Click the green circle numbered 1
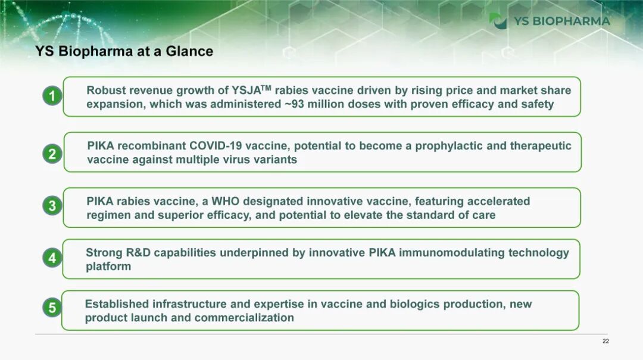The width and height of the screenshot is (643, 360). pyautogui.click(x=52, y=96)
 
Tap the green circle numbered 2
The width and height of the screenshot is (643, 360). pyautogui.click(x=52, y=154)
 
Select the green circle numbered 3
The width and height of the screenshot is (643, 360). pyautogui.click(x=52, y=205)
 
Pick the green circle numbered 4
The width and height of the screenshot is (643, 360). pyautogui.click(x=52, y=258)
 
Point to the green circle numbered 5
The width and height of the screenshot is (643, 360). pyautogui.click(x=52, y=308)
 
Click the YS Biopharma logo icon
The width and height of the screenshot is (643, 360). pyautogui.click(x=498, y=21)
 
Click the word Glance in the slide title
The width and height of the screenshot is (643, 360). pyautogui.click(x=189, y=51)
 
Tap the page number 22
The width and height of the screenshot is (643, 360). pyautogui.click(x=605, y=341)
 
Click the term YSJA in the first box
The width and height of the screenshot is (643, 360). pyautogui.click(x=246, y=90)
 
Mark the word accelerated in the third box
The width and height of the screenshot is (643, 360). pyautogui.click(x=499, y=201)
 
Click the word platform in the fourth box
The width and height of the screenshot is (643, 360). pyautogui.click(x=108, y=267)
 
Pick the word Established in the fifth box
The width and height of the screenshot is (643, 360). pyautogui.click(x=117, y=304)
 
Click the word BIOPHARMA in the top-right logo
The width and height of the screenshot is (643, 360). pyautogui.click(x=571, y=21)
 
